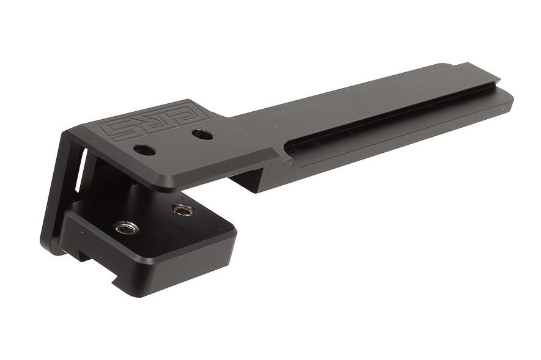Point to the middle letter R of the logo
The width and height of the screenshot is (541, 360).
pos(158,122)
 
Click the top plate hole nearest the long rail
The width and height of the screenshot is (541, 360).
pos(202,134)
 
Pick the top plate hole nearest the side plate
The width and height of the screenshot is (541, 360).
pos(144,150)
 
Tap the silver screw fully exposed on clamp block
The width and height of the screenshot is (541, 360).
pos(126,228)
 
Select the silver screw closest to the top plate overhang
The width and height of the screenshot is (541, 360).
pos(183,210)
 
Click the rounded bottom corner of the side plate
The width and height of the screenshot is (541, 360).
pos(49,248)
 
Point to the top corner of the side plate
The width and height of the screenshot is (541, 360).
pos(67,131)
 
